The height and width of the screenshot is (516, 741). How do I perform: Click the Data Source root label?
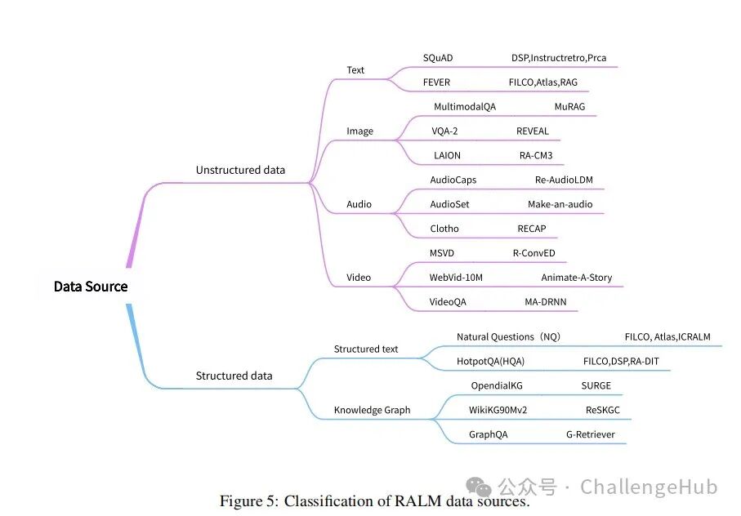coord(91,287)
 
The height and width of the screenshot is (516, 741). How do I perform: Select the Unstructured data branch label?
coord(240,170)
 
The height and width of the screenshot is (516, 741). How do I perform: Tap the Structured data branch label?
coord(234,376)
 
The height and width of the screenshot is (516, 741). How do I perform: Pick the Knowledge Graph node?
coord(372,410)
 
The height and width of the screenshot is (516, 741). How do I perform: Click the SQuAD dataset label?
coord(438,58)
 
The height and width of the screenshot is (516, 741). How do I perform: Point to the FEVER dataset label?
coord(436,82)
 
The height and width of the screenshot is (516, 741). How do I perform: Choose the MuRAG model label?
coord(569,107)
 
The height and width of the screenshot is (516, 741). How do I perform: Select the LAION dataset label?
coord(447,155)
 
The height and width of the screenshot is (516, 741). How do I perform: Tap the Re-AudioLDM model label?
coord(564,180)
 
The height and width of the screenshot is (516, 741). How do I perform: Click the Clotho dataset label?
coord(444,229)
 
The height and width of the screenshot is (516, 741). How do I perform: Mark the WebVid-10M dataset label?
coord(456,278)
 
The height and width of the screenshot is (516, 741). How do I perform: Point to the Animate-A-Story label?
coord(577,278)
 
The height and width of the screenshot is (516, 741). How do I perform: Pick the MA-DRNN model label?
coord(546,302)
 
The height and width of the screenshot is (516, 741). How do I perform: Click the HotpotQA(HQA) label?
coord(490,362)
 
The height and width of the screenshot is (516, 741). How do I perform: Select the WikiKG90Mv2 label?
coord(498,410)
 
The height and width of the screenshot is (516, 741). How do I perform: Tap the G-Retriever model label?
coord(591,434)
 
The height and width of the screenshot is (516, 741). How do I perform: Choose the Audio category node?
coord(359,204)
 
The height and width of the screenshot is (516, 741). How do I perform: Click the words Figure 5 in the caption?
coord(249,500)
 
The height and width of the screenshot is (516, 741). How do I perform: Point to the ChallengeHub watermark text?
coord(649,487)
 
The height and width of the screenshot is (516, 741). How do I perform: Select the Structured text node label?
coord(366,349)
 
